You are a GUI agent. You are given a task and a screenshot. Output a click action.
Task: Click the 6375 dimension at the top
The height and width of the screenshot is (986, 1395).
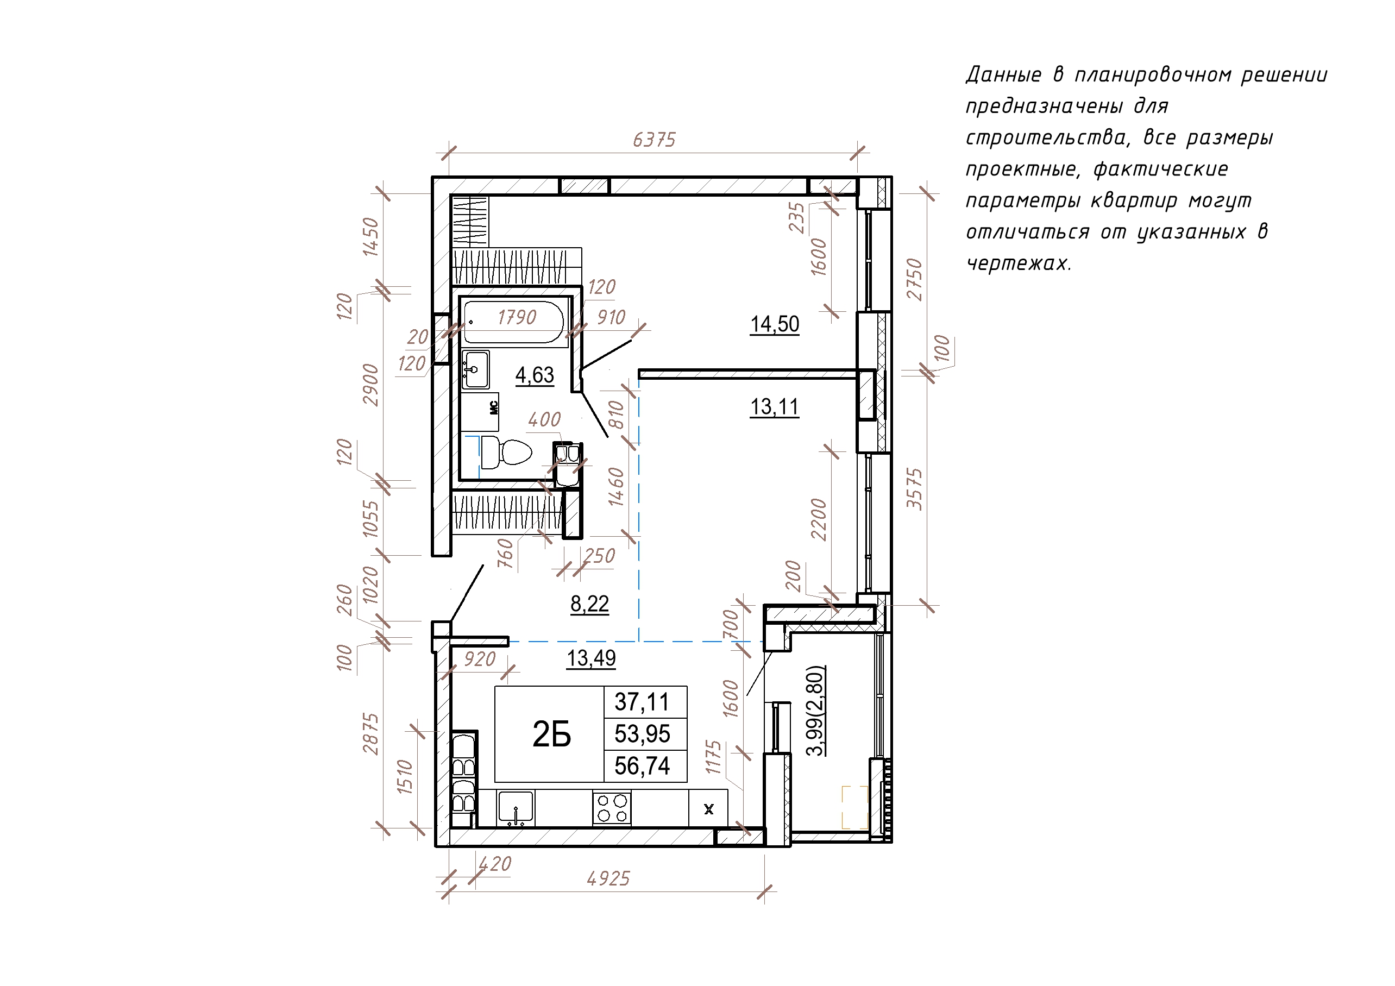pos(653,140)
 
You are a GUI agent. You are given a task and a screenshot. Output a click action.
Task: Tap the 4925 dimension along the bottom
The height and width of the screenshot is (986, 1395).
pos(608,879)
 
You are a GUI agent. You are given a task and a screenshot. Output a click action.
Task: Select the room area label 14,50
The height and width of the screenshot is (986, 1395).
pos(775,324)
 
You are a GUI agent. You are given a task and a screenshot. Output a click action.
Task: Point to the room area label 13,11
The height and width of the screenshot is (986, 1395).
pos(775,407)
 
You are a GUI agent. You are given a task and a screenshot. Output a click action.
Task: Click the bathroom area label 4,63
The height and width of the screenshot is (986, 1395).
pos(535,375)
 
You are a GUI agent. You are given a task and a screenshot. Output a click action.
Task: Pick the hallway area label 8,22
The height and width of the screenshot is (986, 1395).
pos(589,604)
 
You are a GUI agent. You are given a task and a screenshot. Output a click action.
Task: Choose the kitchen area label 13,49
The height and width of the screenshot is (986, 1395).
pos(591,658)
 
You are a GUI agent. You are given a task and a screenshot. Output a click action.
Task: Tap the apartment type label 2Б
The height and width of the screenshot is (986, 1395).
pos(552,734)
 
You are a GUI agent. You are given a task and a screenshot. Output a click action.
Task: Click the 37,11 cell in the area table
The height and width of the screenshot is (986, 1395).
pos(642,702)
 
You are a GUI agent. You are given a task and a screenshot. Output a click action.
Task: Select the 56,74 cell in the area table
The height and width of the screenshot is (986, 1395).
pos(642,766)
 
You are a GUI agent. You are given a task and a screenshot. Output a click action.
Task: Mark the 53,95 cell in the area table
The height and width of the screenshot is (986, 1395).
pos(642,734)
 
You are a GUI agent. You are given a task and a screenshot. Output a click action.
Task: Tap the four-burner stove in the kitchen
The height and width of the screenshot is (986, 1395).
pos(612,808)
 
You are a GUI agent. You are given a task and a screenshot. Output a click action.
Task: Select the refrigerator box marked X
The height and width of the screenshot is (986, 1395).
pos(708,808)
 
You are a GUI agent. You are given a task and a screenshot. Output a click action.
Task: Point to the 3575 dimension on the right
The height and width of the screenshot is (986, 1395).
pos(914,488)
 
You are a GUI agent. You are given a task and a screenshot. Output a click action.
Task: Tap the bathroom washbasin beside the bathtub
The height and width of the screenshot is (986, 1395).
pos(475,369)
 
